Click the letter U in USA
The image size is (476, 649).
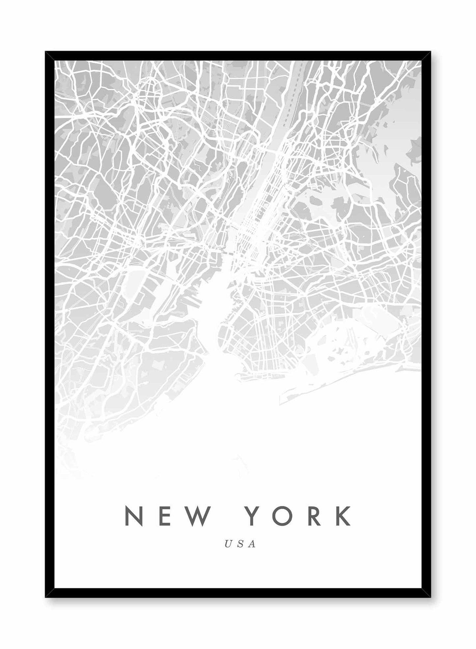[x=228, y=544]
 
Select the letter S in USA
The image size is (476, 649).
[x=240, y=544]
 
